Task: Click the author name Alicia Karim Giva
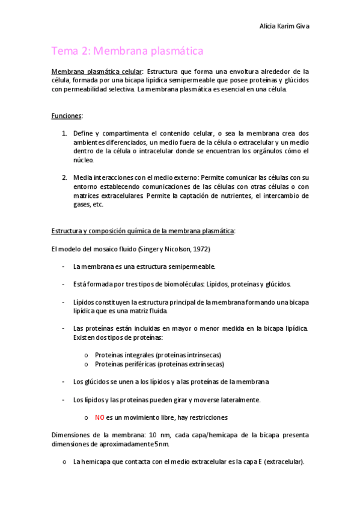point(284,26)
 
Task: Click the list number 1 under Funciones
point(64,133)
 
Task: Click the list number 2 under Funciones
point(64,177)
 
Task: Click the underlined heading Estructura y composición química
point(143,231)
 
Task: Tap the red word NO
point(100,417)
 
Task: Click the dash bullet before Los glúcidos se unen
point(64,382)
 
